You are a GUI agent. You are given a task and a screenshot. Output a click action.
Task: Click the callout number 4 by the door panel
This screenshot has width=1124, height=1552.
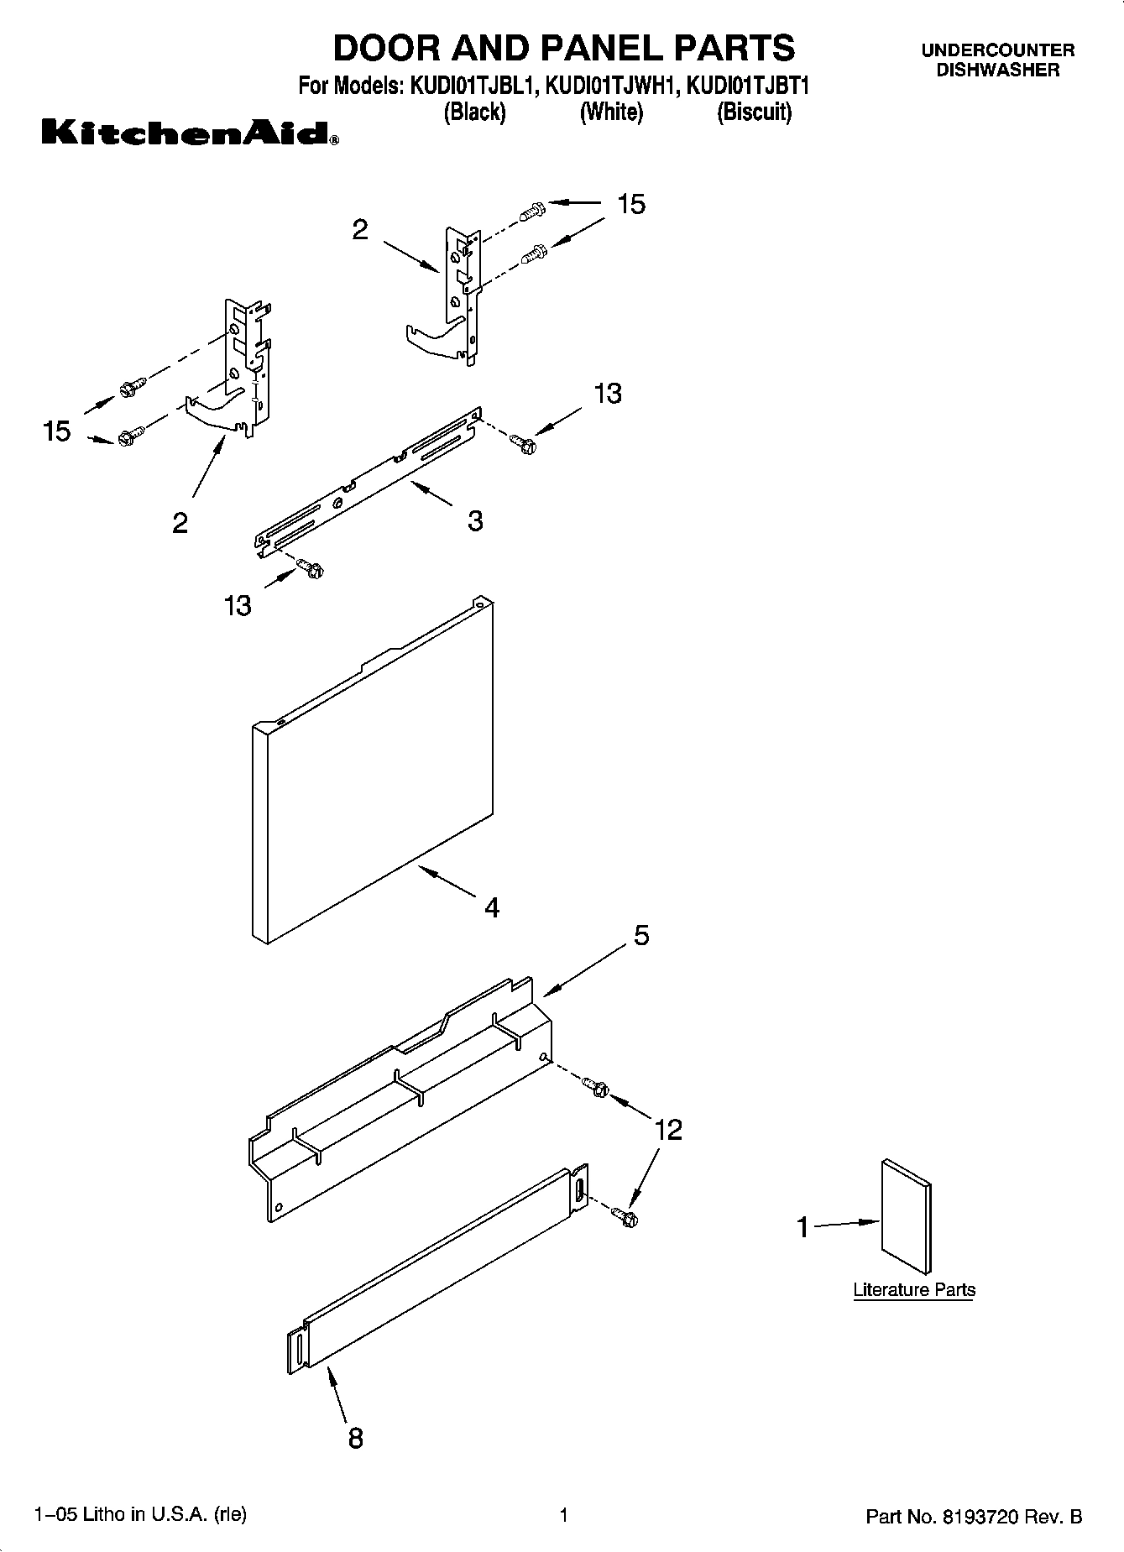point(492,907)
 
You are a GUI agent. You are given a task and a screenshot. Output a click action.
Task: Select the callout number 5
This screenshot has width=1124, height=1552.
point(641,935)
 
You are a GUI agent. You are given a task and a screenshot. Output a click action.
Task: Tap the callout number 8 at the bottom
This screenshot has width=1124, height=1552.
point(355,1438)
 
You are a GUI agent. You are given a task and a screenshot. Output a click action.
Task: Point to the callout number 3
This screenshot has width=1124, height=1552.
point(475,521)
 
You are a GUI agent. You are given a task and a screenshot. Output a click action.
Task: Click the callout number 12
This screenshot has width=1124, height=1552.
point(668,1130)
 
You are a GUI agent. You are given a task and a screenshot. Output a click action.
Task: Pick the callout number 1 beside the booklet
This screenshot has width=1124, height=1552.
point(802,1228)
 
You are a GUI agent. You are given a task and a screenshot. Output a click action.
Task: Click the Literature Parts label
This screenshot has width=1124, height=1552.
point(914,1290)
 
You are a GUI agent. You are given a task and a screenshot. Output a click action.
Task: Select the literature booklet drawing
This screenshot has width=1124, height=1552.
point(906,1217)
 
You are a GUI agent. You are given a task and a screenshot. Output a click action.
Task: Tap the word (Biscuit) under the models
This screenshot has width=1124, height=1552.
point(754,112)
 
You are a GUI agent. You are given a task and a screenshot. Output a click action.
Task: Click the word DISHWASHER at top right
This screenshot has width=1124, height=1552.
point(997,71)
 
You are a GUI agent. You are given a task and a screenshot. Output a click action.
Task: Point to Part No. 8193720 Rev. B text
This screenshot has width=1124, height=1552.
point(973,1517)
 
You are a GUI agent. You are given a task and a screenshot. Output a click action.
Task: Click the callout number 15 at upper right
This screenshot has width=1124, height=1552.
point(631,204)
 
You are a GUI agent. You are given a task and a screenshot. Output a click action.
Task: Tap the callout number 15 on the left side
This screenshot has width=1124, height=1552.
point(57,431)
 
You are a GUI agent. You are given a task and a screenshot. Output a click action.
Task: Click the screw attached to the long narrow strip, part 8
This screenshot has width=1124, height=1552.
point(625,1215)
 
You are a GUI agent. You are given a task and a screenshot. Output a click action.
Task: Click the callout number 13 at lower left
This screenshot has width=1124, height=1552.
point(238,605)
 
